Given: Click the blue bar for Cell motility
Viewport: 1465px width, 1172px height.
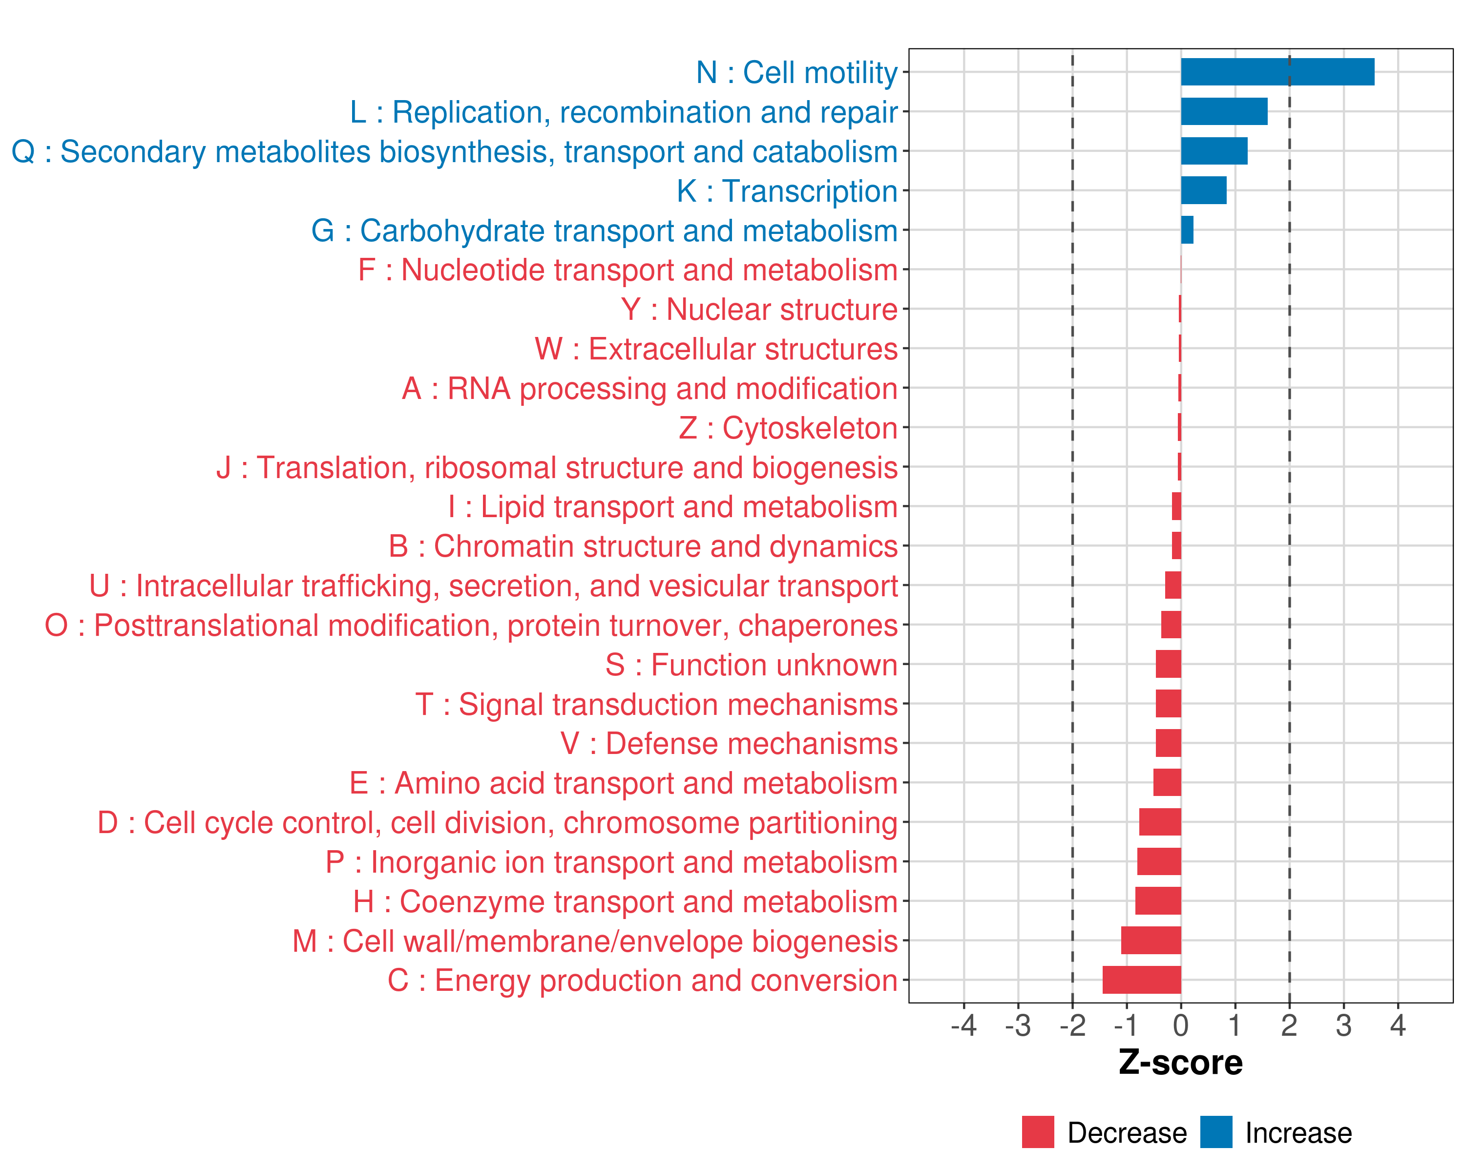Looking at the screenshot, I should [x=1277, y=72].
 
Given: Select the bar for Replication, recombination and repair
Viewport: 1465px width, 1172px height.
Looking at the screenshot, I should [x=1224, y=111].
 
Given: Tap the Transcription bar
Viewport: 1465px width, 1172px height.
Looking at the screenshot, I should [x=1203, y=190].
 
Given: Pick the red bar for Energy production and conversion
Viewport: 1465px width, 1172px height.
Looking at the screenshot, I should [x=1142, y=980].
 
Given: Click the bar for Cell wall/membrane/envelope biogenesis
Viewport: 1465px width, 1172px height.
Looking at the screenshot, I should [x=1151, y=941].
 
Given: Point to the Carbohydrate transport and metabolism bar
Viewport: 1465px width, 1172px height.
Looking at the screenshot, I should [x=1187, y=230].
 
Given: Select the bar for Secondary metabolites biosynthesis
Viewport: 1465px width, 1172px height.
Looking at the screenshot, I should [x=1214, y=151].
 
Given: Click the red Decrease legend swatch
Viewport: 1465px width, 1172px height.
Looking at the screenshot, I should [x=1038, y=1132].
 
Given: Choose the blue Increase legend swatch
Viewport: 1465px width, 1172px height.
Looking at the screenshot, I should [x=1215, y=1132].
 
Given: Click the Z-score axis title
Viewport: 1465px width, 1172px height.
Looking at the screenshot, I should [x=1180, y=1063].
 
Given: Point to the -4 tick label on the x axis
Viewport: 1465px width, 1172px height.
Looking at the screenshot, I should [x=963, y=1025].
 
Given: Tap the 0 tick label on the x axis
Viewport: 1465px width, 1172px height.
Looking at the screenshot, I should [x=1181, y=1025].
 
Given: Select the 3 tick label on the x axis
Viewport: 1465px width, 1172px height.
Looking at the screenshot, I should [x=1343, y=1025].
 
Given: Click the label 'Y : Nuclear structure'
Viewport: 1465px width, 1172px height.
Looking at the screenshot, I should [x=759, y=310].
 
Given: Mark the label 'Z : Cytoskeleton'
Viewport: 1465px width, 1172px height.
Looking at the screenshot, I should [x=788, y=428].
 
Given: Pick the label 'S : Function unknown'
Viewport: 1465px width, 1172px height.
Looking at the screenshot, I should [x=752, y=665].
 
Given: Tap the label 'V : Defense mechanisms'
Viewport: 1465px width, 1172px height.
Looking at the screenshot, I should [x=729, y=744].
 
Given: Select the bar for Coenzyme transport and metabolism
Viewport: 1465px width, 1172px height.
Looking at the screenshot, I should [x=1158, y=901].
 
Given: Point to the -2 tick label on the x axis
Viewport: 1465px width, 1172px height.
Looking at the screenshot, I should [x=1072, y=1025].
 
